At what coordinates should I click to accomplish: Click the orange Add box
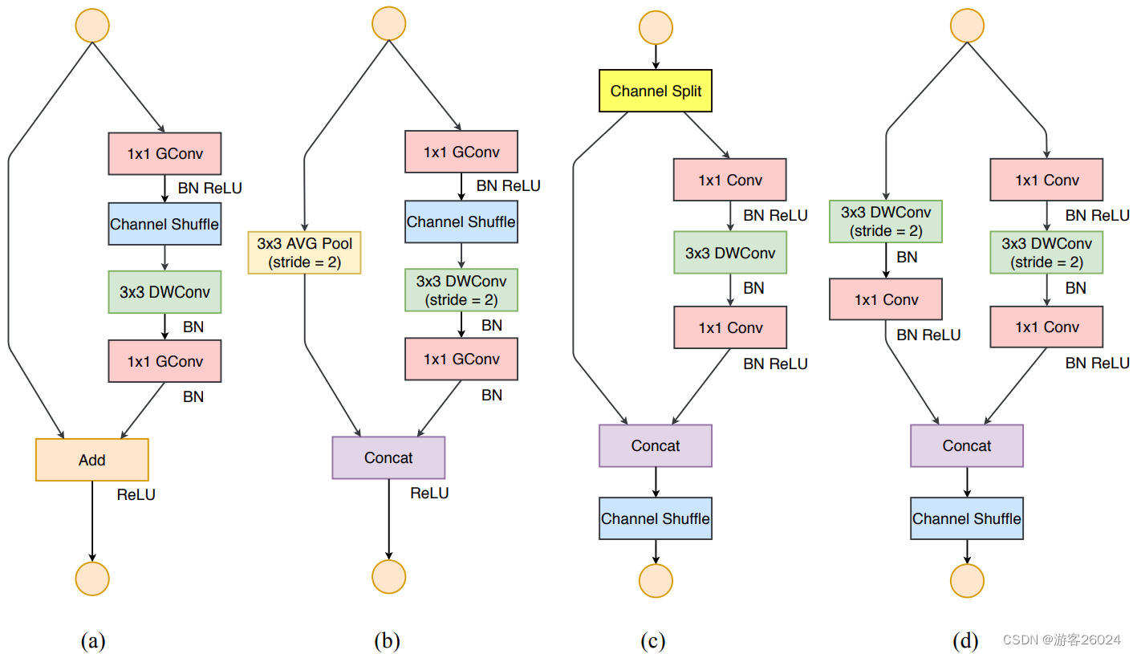(92, 460)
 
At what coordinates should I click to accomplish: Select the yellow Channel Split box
(656, 91)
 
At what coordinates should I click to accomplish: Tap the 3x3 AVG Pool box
(305, 252)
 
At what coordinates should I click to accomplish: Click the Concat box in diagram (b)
(388, 457)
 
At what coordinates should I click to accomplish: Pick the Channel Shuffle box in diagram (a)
(164, 224)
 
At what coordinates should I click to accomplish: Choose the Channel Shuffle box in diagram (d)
(966, 518)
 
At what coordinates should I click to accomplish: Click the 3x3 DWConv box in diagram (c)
(730, 253)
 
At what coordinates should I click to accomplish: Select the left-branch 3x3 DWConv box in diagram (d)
(886, 221)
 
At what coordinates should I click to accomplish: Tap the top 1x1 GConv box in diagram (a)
(164, 152)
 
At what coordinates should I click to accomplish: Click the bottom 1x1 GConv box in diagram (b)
(461, 359)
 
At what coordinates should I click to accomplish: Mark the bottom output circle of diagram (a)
(92, 577)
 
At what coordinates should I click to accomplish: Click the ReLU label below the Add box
(136, 494)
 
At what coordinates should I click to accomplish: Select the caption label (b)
(387, 640)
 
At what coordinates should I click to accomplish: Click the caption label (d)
(965, 640)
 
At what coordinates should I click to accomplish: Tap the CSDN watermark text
(1061, 640)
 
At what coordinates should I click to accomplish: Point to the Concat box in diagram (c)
(656, 445)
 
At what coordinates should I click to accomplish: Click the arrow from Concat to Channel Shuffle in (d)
(966, 481)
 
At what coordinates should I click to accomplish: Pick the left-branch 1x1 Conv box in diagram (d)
(886, 299)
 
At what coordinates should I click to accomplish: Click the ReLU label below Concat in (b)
(429, 493)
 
